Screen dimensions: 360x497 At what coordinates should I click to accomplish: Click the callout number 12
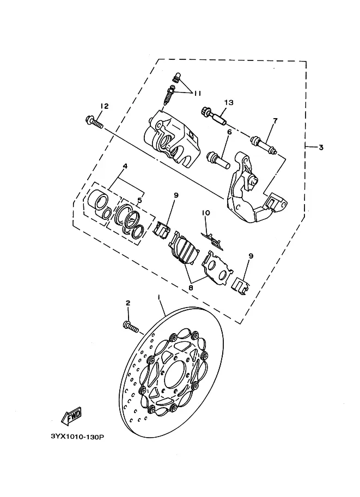point(105,106)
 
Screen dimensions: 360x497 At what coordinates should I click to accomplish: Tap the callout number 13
point(229,102)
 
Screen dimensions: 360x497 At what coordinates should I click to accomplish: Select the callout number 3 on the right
point(321,147)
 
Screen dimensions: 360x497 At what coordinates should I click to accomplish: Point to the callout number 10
point(206,213)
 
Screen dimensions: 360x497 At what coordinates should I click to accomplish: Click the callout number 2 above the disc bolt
point(128,303)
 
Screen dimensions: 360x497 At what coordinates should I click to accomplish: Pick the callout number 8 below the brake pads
point(191,288)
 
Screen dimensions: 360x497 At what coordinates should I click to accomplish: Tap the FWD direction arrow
point(72,416)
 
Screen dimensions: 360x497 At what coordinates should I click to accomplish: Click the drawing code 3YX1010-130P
point(77,437)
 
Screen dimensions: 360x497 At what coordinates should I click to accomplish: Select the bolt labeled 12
point(94,123)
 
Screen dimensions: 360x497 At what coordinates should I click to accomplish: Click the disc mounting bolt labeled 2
point(130,327)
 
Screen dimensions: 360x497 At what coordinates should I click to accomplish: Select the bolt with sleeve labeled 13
point(215,116)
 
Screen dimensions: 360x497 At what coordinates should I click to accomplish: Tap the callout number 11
point(197,93)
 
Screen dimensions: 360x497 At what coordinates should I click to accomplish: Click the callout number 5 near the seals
point(139,200)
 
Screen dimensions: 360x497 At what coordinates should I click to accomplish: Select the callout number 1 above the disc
point(158,297)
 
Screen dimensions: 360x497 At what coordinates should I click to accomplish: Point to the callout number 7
point(276,120)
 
